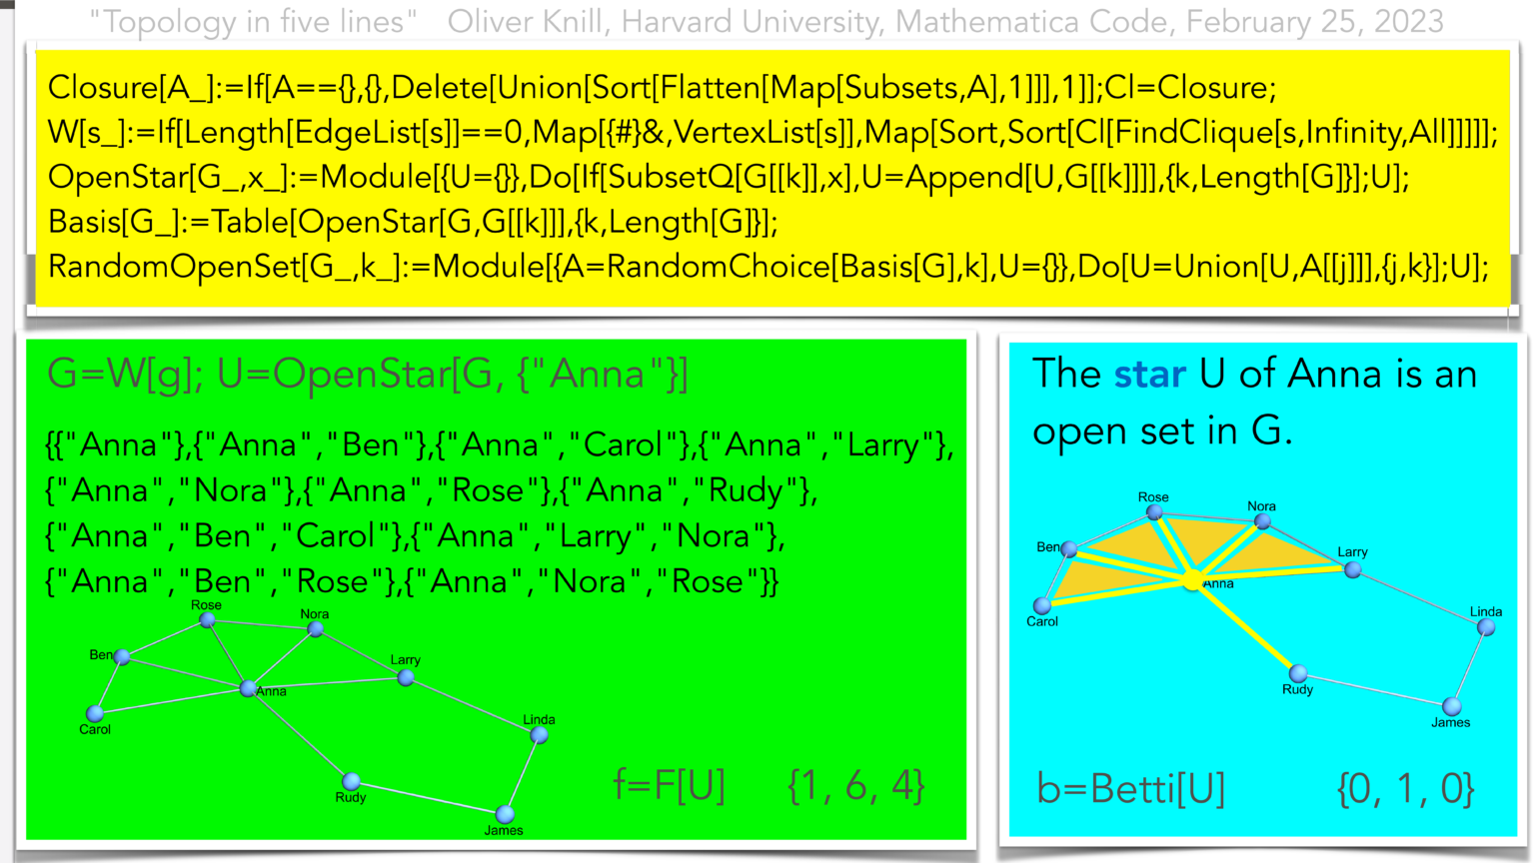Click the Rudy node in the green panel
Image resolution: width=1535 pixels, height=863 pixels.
click(351, 781)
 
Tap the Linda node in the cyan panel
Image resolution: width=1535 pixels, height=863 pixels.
click(1486, 627)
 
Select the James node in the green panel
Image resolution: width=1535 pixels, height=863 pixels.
click(506, 814)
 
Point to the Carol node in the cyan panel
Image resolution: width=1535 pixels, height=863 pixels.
click(1042, 605)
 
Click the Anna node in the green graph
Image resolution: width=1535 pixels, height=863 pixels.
click(248, 688)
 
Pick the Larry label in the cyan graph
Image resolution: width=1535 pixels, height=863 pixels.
click(1352, 551)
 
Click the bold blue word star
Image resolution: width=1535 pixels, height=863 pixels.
click(1149, 375)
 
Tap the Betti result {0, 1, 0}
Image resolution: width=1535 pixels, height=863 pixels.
click(1405, 789)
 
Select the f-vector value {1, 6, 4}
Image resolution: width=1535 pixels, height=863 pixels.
click(855, 786)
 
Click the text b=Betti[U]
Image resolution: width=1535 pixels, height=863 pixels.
click(1130, 789)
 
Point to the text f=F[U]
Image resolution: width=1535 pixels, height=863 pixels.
click(669, 786)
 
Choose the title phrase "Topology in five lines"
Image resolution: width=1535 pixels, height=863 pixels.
click(253, 21)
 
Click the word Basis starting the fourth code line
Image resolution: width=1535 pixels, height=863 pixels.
click(84, 222)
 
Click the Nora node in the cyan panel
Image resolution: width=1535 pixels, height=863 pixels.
click(1262, 521)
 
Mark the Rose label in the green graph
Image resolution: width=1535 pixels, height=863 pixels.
click(206, 605)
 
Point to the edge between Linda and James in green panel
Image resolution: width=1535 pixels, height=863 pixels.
click(523, 775)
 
